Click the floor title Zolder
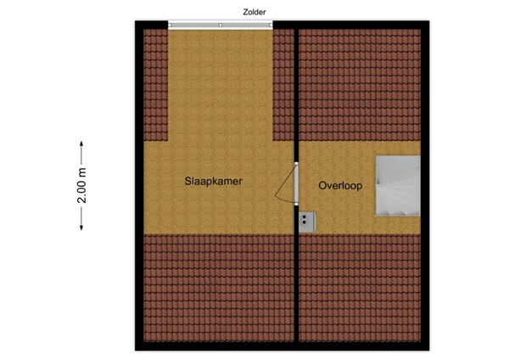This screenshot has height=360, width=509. click(x=254, y=11)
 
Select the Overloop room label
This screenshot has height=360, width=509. click(x=341, y=185)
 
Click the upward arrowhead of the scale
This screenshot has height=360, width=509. click(x=82, y=143)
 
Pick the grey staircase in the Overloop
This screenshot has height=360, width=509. click(x=397, y=184)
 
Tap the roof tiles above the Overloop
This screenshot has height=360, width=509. click(x=358, y=85)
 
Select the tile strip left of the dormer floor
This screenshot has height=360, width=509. click(x=154, y=85)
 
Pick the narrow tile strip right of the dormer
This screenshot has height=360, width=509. click(x=282, y=85)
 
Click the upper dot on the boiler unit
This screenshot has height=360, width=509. click(x=304, y=218)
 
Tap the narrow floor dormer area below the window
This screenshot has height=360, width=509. click(x=221, y=85)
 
